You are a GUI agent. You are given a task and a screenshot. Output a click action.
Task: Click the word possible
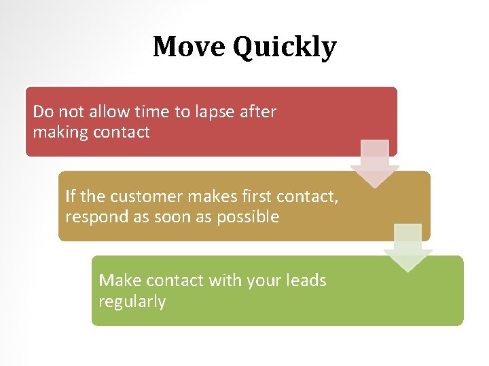tap(248, 218)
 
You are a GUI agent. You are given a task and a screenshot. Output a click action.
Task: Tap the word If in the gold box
tap(70, 197)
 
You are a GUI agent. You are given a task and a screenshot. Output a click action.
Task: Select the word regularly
tap(132, 302)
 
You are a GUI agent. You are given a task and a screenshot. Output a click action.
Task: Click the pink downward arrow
tap(374, 163)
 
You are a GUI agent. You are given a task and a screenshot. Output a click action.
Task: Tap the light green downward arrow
tap(407, 248)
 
